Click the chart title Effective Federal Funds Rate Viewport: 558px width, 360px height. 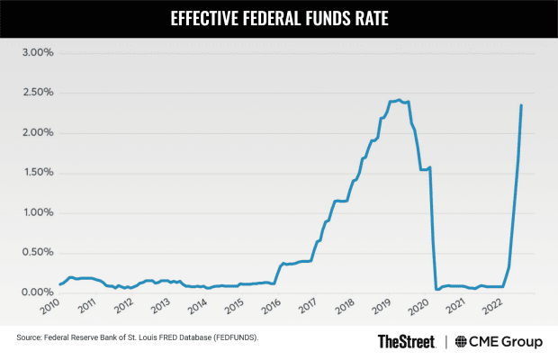(x=279, y=17)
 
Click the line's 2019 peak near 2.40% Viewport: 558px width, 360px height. (x=399, y=100)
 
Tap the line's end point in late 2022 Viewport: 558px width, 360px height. (x=521, y=105)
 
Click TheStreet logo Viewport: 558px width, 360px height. (x=406, y=341)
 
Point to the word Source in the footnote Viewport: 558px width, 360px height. (x=30, y=338)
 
